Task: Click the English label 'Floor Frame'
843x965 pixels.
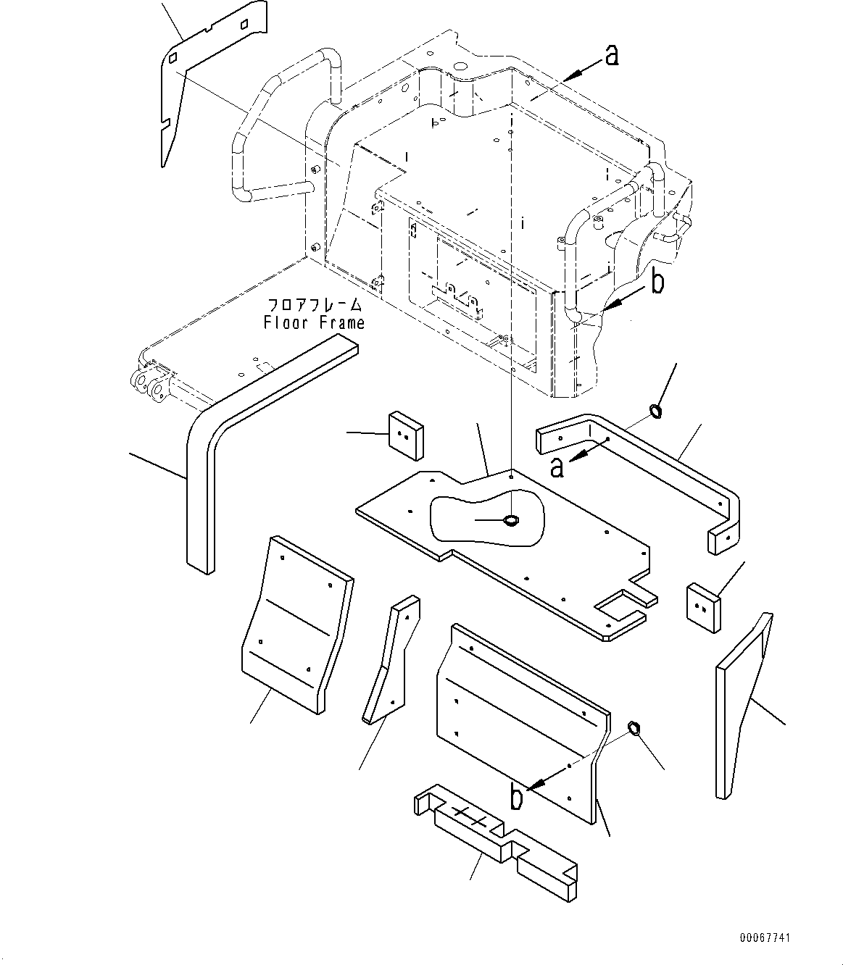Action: click(314, 323)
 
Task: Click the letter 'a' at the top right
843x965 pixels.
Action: click(612, 56)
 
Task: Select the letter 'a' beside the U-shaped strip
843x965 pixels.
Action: click(557, 467)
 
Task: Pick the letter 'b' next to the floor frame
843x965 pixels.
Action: click(657, 283)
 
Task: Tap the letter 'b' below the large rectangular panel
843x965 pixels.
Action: click(516, 797)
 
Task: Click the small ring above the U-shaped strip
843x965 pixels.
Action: click(655, 412)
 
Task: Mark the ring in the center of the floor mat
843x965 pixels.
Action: click(511, 520)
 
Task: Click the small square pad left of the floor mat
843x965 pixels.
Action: click(407, 435)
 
